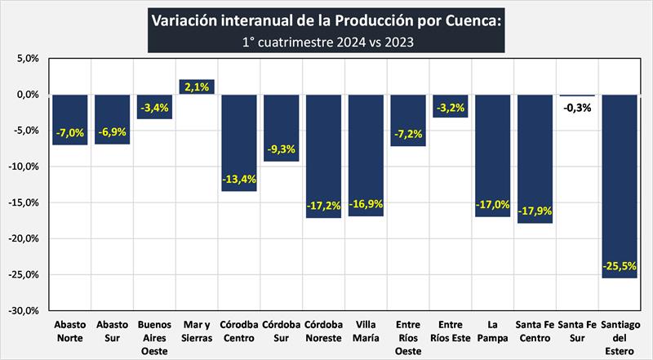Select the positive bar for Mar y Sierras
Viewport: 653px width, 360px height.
click(x=196, y=87)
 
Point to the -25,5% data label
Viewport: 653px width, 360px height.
click(x=620, y=266)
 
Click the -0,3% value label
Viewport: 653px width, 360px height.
click(x=577, y=107)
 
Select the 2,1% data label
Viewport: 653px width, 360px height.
click(x=196, y=87)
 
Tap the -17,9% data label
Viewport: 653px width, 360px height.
click(x=535, y=210)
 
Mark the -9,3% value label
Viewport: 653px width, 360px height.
click(x=280, y=149)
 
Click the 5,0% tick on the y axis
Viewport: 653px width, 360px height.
click(x=26, y=59)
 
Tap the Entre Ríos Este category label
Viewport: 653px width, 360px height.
click(x=450, y=331)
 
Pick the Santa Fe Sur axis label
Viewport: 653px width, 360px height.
click(x=577, y=331)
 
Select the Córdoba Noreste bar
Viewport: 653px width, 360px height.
click(x=322, y=156)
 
